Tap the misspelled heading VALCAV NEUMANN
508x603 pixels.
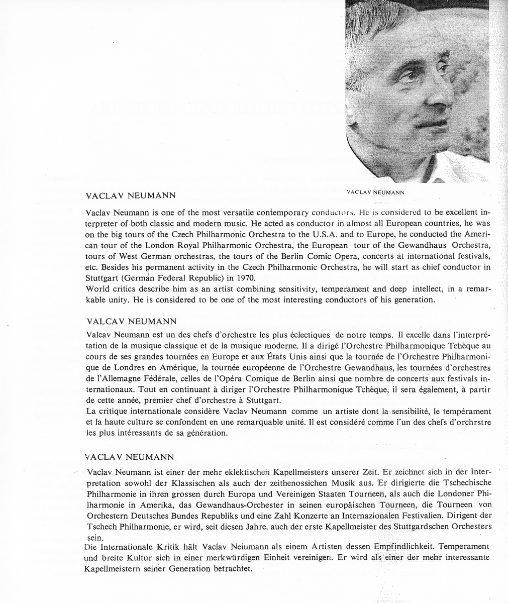coord(130,320)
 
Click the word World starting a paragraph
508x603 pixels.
coord(97,289)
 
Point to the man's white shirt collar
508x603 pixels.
coord(442,168)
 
